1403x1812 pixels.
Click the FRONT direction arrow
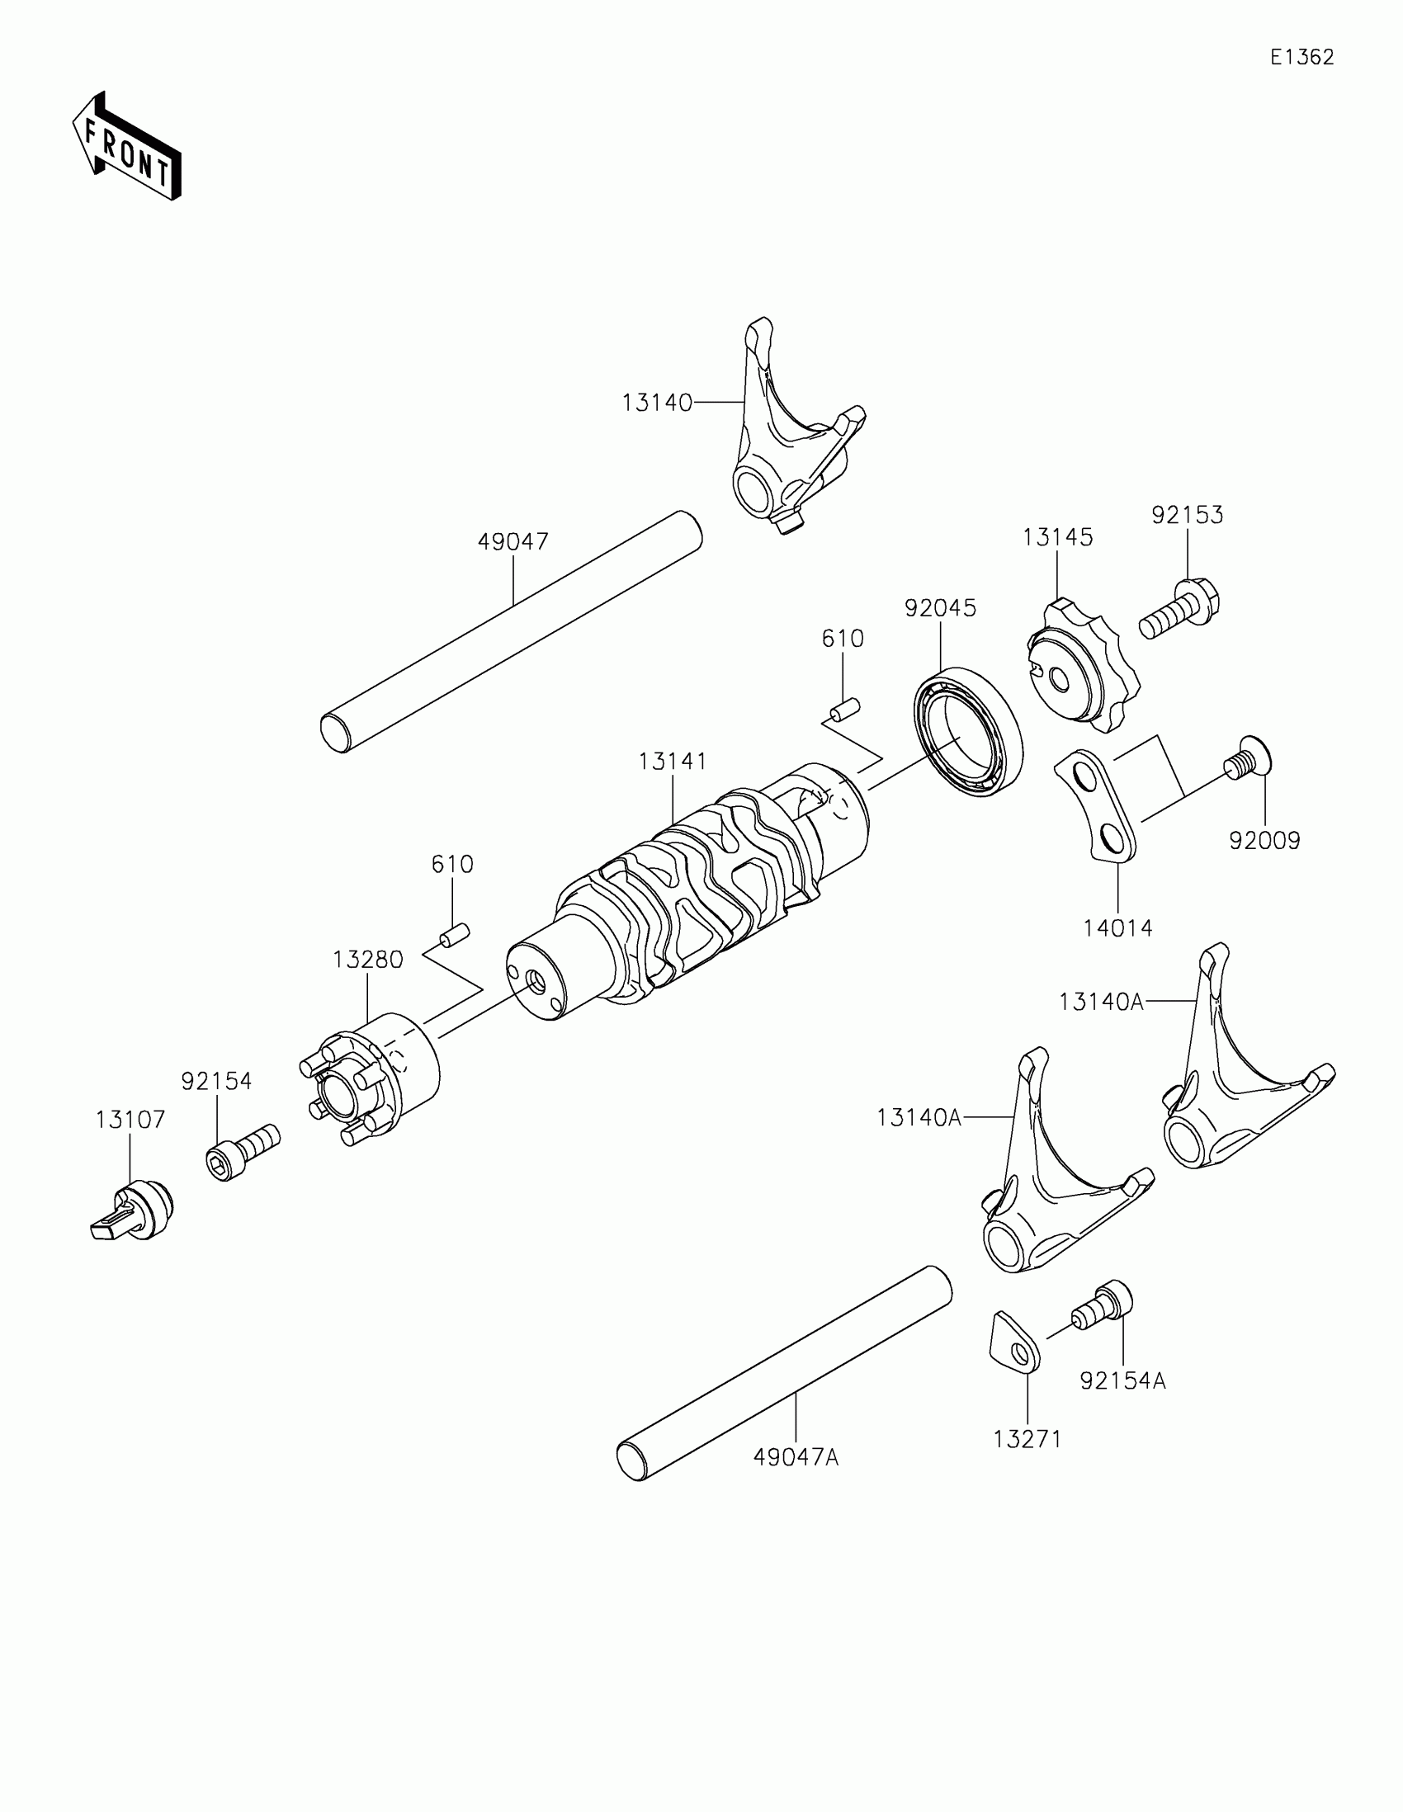[126, 147]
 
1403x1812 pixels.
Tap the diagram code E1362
[1301, 57]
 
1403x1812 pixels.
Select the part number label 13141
[672, 761]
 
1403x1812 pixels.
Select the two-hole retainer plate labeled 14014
[1095, 805]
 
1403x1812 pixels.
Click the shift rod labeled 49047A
[784, 1373]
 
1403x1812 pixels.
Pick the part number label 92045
[940, 608]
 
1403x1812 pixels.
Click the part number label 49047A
[796, 1457]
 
